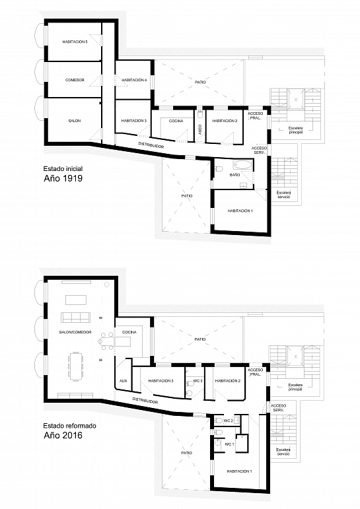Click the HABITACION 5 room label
75,42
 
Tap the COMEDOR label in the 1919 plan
75,80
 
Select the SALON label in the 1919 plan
75,121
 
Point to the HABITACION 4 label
134,80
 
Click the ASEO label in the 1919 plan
200,129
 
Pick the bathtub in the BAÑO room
242,164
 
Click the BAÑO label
234,175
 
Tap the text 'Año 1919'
63,178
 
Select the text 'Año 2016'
63,435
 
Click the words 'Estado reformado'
70,426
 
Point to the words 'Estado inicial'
63,168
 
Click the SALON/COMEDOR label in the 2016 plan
75,332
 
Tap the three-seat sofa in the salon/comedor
76,318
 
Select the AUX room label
123,381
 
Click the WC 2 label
229,421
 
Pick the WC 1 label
229,444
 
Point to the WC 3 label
198,381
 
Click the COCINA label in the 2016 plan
129,332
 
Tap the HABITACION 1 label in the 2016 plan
240,471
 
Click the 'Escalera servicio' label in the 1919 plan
283,195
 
